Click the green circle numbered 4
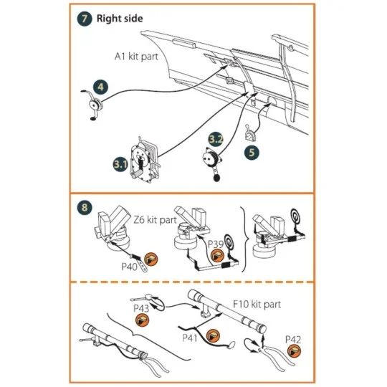click(101, 87)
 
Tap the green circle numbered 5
click(252, 152)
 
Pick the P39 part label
click(216, 244)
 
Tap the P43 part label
click(142, 308)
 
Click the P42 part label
click(293, 337)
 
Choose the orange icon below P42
click(294, 350)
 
